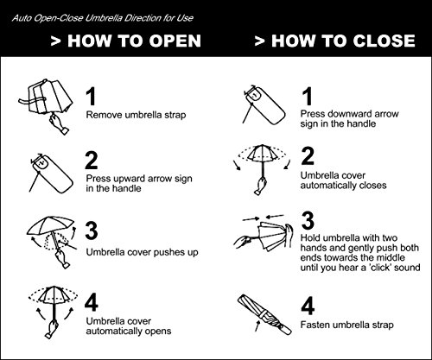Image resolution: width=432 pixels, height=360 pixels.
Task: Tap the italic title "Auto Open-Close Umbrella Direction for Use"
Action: pos(103,18)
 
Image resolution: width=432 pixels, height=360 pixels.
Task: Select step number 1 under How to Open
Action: pos(91,97)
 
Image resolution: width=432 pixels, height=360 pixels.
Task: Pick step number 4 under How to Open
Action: pos(92,303)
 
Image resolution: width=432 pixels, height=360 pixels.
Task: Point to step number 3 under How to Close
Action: pos(308,220)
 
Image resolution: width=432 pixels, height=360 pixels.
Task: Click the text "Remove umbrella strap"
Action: pos(136,115)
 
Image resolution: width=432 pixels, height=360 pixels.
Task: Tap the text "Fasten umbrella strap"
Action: pos(347,325)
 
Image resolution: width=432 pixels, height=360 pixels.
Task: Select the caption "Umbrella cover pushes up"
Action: pos(143,252)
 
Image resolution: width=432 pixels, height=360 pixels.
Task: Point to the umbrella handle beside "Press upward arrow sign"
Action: pos(52,174)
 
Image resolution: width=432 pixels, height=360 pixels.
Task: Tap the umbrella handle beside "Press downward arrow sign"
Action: pos(264,104)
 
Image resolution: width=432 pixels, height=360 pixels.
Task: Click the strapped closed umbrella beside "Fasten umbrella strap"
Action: pos(264,315)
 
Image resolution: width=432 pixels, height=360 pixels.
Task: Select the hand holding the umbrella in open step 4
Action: pos(52,328)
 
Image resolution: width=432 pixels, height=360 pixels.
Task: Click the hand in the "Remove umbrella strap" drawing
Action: pos(59,123)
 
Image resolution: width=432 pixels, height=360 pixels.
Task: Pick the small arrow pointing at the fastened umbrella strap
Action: pos(257,325)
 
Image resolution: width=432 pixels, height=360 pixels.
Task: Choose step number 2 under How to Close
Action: pos(308,155)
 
